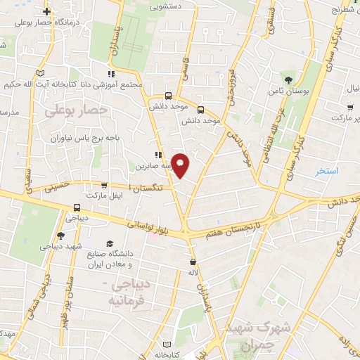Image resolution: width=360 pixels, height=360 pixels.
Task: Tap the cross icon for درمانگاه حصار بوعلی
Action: tap(47, 12)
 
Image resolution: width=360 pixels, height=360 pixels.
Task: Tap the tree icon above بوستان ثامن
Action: tap(288, 79)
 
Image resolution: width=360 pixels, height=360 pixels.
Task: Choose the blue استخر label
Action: tap(327, 171)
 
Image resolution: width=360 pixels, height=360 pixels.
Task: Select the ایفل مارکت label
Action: tap(103, 194)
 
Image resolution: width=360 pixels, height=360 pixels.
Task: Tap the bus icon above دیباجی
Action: tap(77, 207)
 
